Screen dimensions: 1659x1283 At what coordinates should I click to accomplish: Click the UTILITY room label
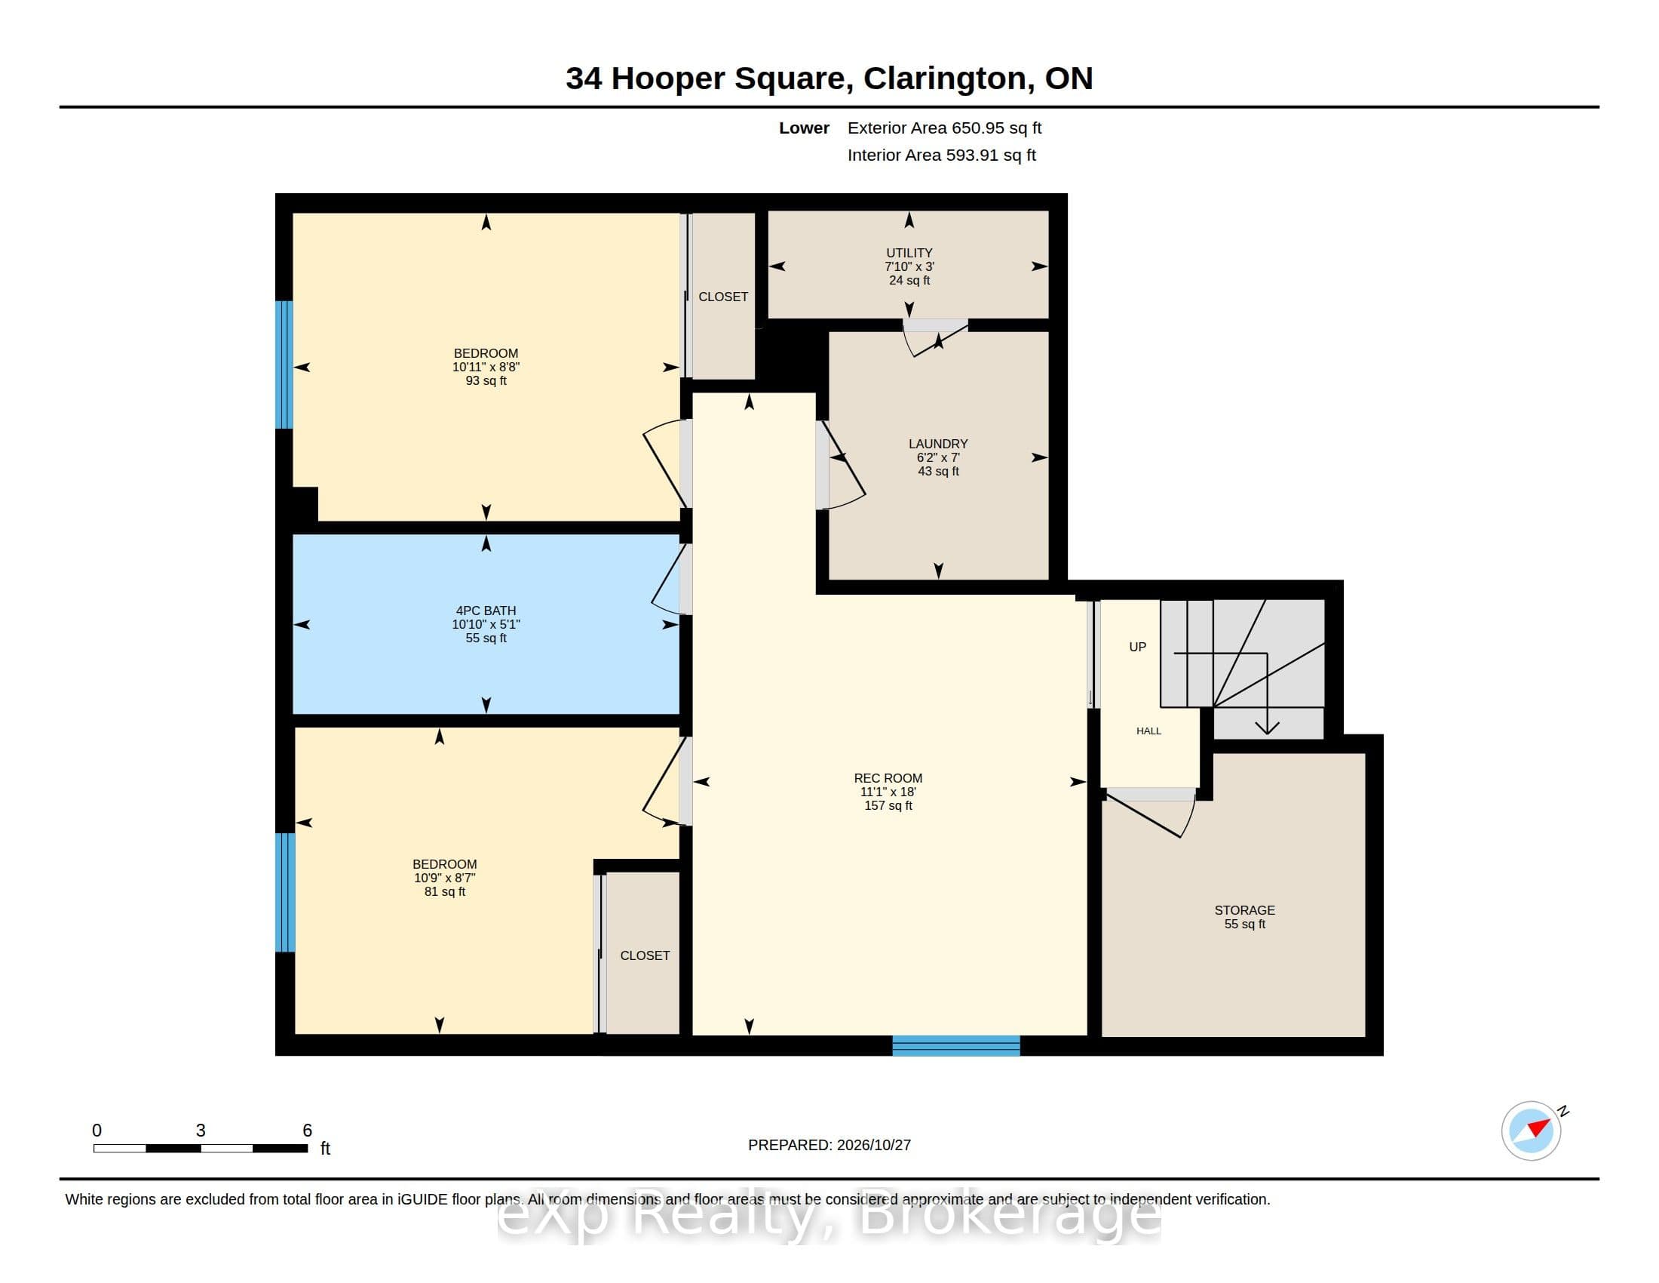[909, 253]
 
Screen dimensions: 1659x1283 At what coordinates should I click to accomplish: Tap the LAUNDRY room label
[938, 444]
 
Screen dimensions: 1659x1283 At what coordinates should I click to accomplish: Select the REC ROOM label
[888, 778]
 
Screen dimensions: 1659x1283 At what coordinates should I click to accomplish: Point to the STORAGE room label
[1244, 911]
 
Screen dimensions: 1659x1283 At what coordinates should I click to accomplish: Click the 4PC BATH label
[486, 611]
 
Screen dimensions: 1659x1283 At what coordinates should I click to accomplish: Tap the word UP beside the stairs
[1137, 647]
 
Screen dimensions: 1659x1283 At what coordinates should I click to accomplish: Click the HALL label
[1148, 731]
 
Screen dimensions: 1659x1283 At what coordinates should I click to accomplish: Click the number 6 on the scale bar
[308, 1131]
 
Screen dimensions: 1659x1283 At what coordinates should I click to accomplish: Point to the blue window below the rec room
[955, 1046]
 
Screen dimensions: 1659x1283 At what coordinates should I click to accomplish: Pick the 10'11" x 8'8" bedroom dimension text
[486, 367]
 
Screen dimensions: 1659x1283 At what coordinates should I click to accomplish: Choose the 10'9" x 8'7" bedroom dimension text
[445, 878]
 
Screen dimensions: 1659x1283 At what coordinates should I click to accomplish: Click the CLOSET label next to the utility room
[723, 297]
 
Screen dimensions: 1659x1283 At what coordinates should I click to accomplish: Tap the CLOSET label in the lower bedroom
[645, 956]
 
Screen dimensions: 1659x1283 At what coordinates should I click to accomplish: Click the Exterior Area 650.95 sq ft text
[944, 128]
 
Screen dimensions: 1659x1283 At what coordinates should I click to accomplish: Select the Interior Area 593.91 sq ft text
[942, 155]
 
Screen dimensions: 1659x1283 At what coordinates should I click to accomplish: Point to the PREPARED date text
[830, 1146]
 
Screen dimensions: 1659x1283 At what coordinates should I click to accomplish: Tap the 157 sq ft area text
[888, 806]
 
